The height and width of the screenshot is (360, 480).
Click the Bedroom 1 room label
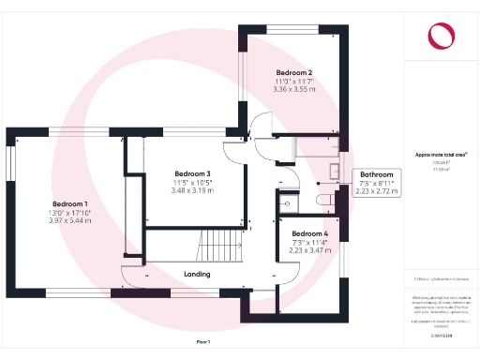(69, 204)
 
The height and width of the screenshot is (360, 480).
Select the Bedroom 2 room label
(294, 72)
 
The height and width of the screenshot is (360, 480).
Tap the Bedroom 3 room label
(192, 173)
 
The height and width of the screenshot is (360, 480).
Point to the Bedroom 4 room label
(309, 233)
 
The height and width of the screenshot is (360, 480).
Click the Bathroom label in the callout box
(378, 174)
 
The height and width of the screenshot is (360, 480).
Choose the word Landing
(197, 275)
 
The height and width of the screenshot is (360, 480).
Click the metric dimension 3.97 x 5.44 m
(69, 221)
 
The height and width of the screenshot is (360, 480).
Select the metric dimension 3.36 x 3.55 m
(294, 91)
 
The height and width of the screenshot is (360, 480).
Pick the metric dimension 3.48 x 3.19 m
(192, 190)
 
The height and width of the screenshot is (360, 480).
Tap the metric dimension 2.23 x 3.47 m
(309, 250)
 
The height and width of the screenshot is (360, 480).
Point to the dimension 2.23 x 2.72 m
(378, 191)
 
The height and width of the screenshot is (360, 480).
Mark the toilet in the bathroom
(324, 200)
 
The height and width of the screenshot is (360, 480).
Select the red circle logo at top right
(440, 37)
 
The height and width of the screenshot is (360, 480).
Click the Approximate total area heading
(440, 154)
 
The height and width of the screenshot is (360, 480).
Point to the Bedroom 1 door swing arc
(129, 275)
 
